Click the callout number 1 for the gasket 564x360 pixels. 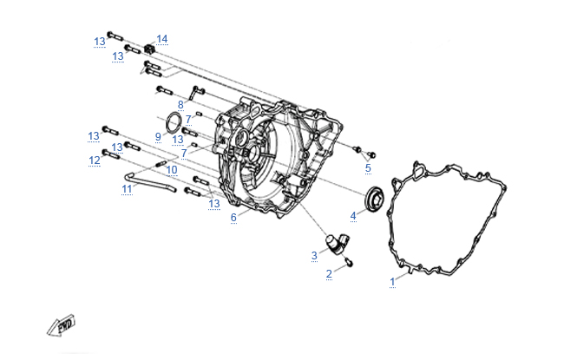click(392, 281)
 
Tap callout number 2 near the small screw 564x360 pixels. click(329, 274)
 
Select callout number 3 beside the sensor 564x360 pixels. click(314, 255)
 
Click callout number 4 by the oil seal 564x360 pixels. click(353, 214)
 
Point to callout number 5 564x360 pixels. click(368, 167)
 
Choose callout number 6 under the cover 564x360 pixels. click(233, 217)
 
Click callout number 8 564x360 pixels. click(180, 105)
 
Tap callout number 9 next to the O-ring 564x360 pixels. click(159, 136)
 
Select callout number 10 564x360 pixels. click(172, 169)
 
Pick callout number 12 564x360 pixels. click(94, 160)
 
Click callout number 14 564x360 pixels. click(162, 39)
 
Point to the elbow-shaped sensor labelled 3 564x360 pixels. click(335, 243)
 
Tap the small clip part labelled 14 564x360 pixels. click(149, 48)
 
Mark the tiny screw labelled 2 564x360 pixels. click(348, 261)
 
